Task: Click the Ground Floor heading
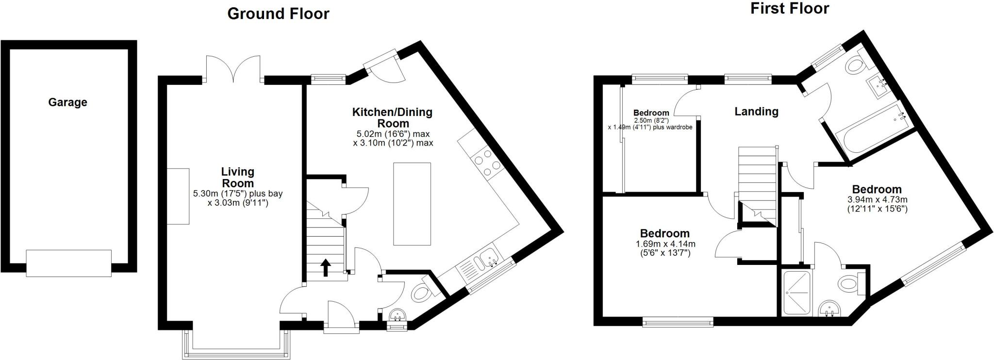[x=278, y=14]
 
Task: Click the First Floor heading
[x=790, y=8]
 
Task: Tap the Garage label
[x=67, y=102]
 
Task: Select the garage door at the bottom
[x=68, y=263]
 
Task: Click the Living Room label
[x=237, y=177]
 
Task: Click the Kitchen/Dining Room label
[x=392, y=117]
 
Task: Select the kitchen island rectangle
[x=412, y=204]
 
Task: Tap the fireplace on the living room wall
[x=179, y=196]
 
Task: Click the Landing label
[x=756, y=112]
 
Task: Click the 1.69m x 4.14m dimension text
[x=664, y=248]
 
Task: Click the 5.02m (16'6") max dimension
[x=393, y=134]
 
